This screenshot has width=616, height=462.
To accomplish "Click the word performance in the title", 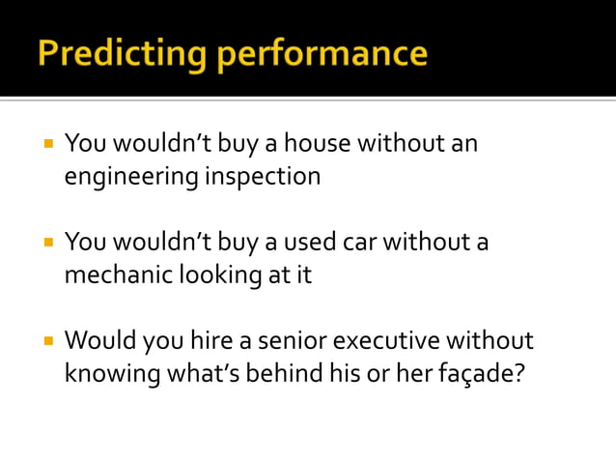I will pyautogui.click(x=322, y=53).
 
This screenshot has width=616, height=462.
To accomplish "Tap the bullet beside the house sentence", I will pyautogui.click(x=45, y=144).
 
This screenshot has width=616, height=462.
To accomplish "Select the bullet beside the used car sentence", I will pyautogui.click(x=45, y=242).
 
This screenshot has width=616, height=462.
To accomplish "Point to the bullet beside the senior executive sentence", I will pyautogui.click(x=45, y=340).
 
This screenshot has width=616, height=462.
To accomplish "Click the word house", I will pyautogui.click(x=319, y=145).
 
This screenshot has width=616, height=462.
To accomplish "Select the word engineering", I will pyautogui.click(x=129, y=178).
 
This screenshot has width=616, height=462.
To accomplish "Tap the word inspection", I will pyautogui.click(x=262, y=177).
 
